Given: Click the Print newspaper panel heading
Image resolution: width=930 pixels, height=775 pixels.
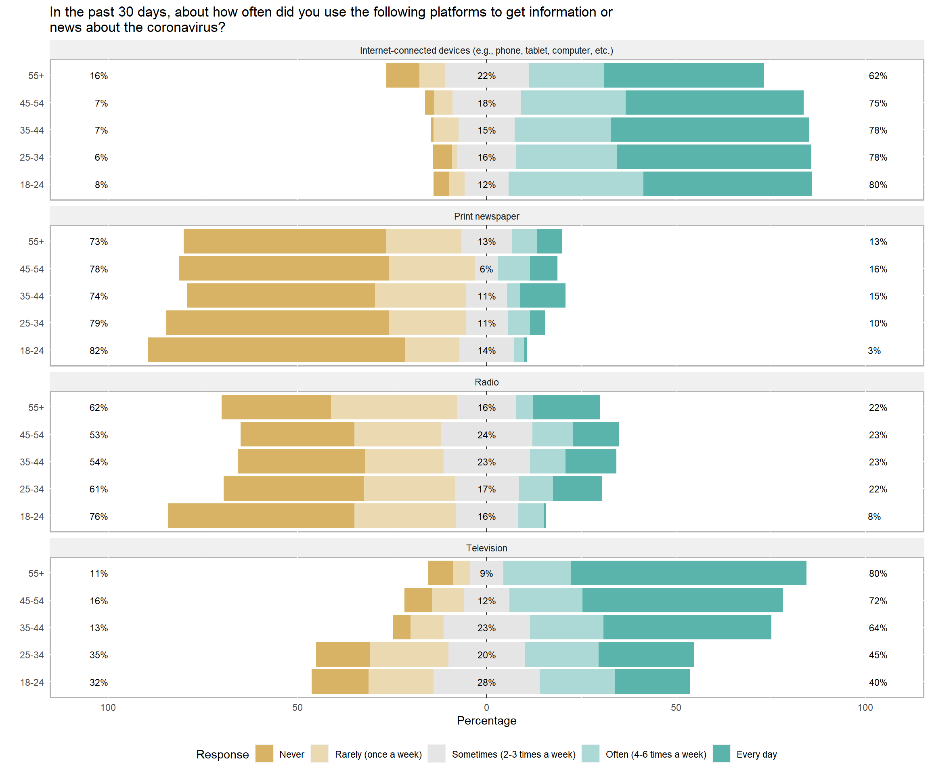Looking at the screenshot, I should [x=486, y=216].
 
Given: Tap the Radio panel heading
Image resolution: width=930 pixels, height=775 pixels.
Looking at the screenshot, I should [x=486, y=382].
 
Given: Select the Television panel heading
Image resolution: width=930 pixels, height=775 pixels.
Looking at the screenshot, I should [x=486, y=548].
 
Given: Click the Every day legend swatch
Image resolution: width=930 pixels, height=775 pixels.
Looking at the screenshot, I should [x=721, y=754].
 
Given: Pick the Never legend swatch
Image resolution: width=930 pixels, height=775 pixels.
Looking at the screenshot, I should [x=264, y=754].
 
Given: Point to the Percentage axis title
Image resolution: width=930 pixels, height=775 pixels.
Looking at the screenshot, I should [x=486, y=721].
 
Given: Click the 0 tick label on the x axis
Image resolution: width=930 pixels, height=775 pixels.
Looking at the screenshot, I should [x=486, y=707].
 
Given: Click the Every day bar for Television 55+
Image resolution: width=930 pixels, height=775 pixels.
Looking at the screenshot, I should [x=688, y=573].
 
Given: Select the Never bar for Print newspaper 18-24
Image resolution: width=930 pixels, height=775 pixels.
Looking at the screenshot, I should [x=276, y=350].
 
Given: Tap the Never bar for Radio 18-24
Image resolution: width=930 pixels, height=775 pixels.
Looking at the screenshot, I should [x=261, y=516].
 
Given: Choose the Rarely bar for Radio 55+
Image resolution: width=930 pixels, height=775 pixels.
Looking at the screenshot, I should [x=394, y=407].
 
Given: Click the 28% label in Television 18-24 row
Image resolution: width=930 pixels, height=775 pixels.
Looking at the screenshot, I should [x=486, y=682].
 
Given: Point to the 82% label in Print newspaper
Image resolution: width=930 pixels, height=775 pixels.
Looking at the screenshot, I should [x=98, y=350].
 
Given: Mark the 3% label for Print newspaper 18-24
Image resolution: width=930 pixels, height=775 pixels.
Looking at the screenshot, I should [x=874, y=350].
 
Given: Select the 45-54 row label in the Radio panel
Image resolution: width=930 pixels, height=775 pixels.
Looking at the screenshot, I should [x=31, y=435].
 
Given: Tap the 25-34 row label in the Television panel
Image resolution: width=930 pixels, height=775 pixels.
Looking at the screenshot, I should [x=31, y=655].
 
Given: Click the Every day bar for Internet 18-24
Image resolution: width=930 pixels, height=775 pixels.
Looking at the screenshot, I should [x=727, y=184].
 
